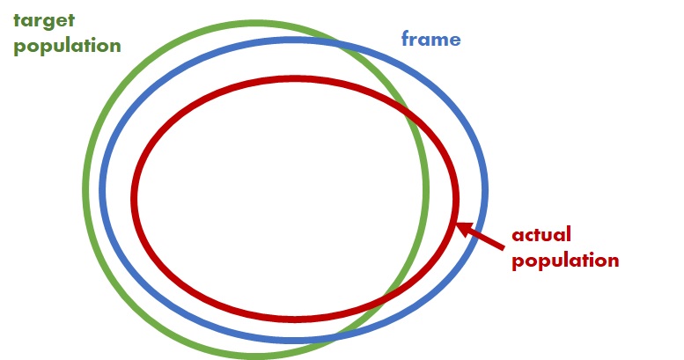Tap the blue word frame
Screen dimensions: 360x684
coord(430,39)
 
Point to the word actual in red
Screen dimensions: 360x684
coord(542,235)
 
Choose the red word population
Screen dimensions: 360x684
coord(566,261)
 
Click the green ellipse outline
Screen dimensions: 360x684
coord(85,189)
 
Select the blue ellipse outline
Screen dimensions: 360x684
coord(486,189)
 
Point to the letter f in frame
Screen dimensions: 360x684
coord(406,39)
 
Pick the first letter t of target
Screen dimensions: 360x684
coord(16,20)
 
